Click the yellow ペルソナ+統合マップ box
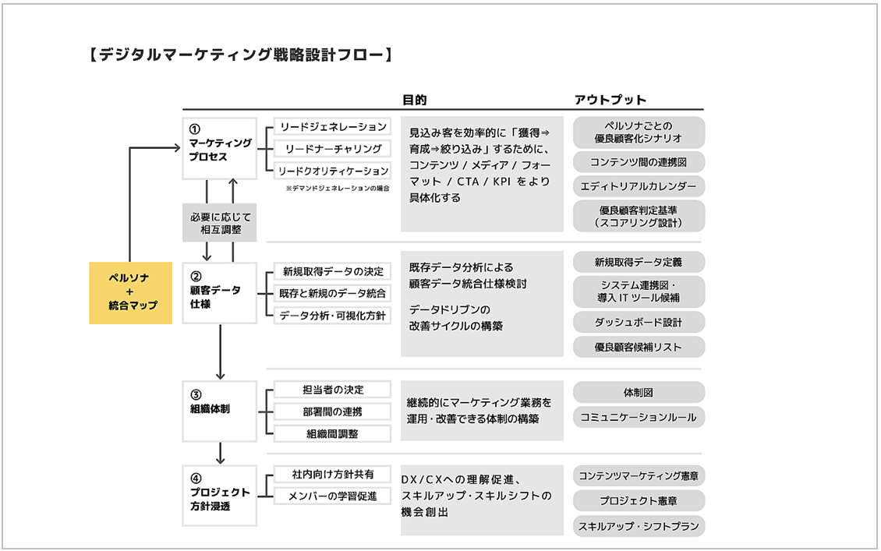(130, 292)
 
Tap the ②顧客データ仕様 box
(220, 291)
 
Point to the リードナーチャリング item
(333, 149)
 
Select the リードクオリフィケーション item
(333, 171)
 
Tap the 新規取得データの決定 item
(333, 271)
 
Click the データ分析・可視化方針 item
(333, 316)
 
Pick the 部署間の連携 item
(333, 411)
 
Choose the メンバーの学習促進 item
(333, 496)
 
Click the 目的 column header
(414, 100)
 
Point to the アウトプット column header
(610, 100)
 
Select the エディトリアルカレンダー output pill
(639, 186)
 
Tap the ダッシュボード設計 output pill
(639, 321)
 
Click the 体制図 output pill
(639, 392)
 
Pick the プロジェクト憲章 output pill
(639, 500)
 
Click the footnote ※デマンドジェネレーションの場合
(337, 189)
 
